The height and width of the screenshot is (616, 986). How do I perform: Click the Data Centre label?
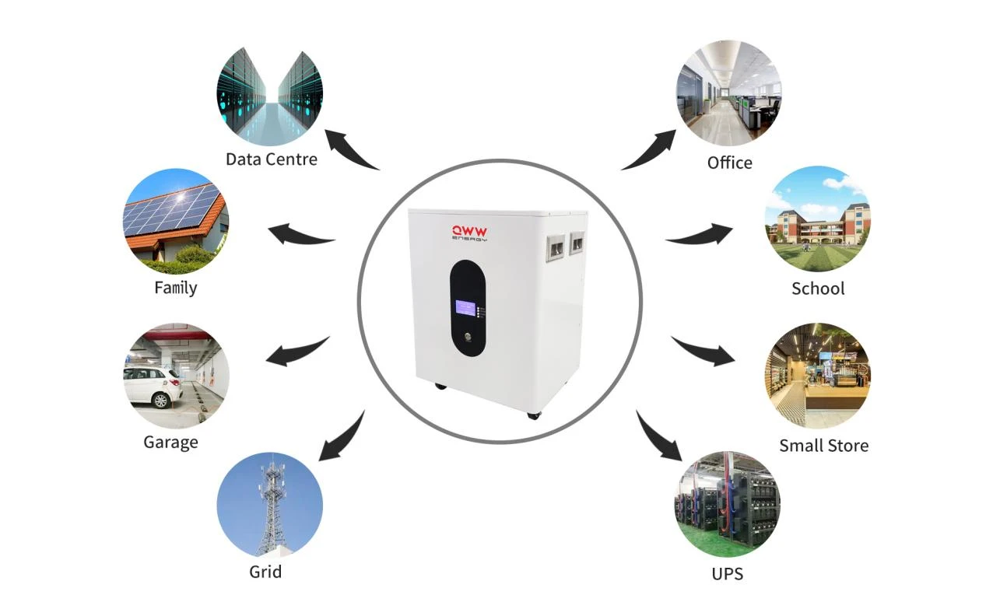pyautogui.click(x=271, y=159)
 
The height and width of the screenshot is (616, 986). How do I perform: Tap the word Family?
pyautogui.click(x=176, y=288)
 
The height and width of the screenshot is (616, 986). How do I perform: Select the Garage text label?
pyautogui.click(x=170, y=443)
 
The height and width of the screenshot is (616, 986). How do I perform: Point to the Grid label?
pyautogui.click(x=265, y=572)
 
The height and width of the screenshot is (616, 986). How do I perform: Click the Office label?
pyautogui.click(x=729, y=163)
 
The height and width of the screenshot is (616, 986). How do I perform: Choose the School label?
pyautogui.click(x=818, y=289)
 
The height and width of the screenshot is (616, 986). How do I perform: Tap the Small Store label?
pyautogui.click(x=824, y=446)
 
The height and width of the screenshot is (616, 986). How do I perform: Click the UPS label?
pyautogui.click(x=727, y=574)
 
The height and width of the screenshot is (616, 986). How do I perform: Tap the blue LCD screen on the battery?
pyautogui.click(x=466, y=307)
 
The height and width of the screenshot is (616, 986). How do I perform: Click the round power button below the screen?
pyautogui.click(x=468, y=337)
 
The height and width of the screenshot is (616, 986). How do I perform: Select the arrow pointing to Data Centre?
pyautogui.click(x=350, y=149)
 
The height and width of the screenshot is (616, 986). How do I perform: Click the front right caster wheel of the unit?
pyautogui.click(x=533, y=415)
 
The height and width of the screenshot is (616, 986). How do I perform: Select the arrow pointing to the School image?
pyautogui.click(x=699, y=234)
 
